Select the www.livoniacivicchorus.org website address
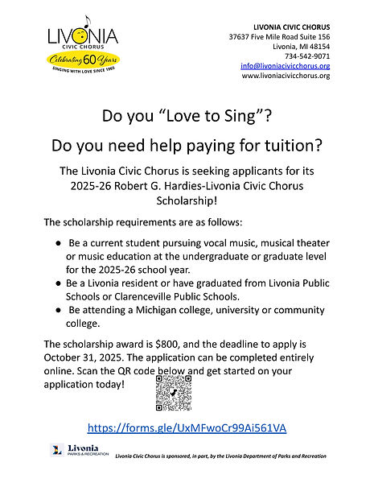286,76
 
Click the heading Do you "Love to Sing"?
187,116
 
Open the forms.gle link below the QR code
187,427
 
